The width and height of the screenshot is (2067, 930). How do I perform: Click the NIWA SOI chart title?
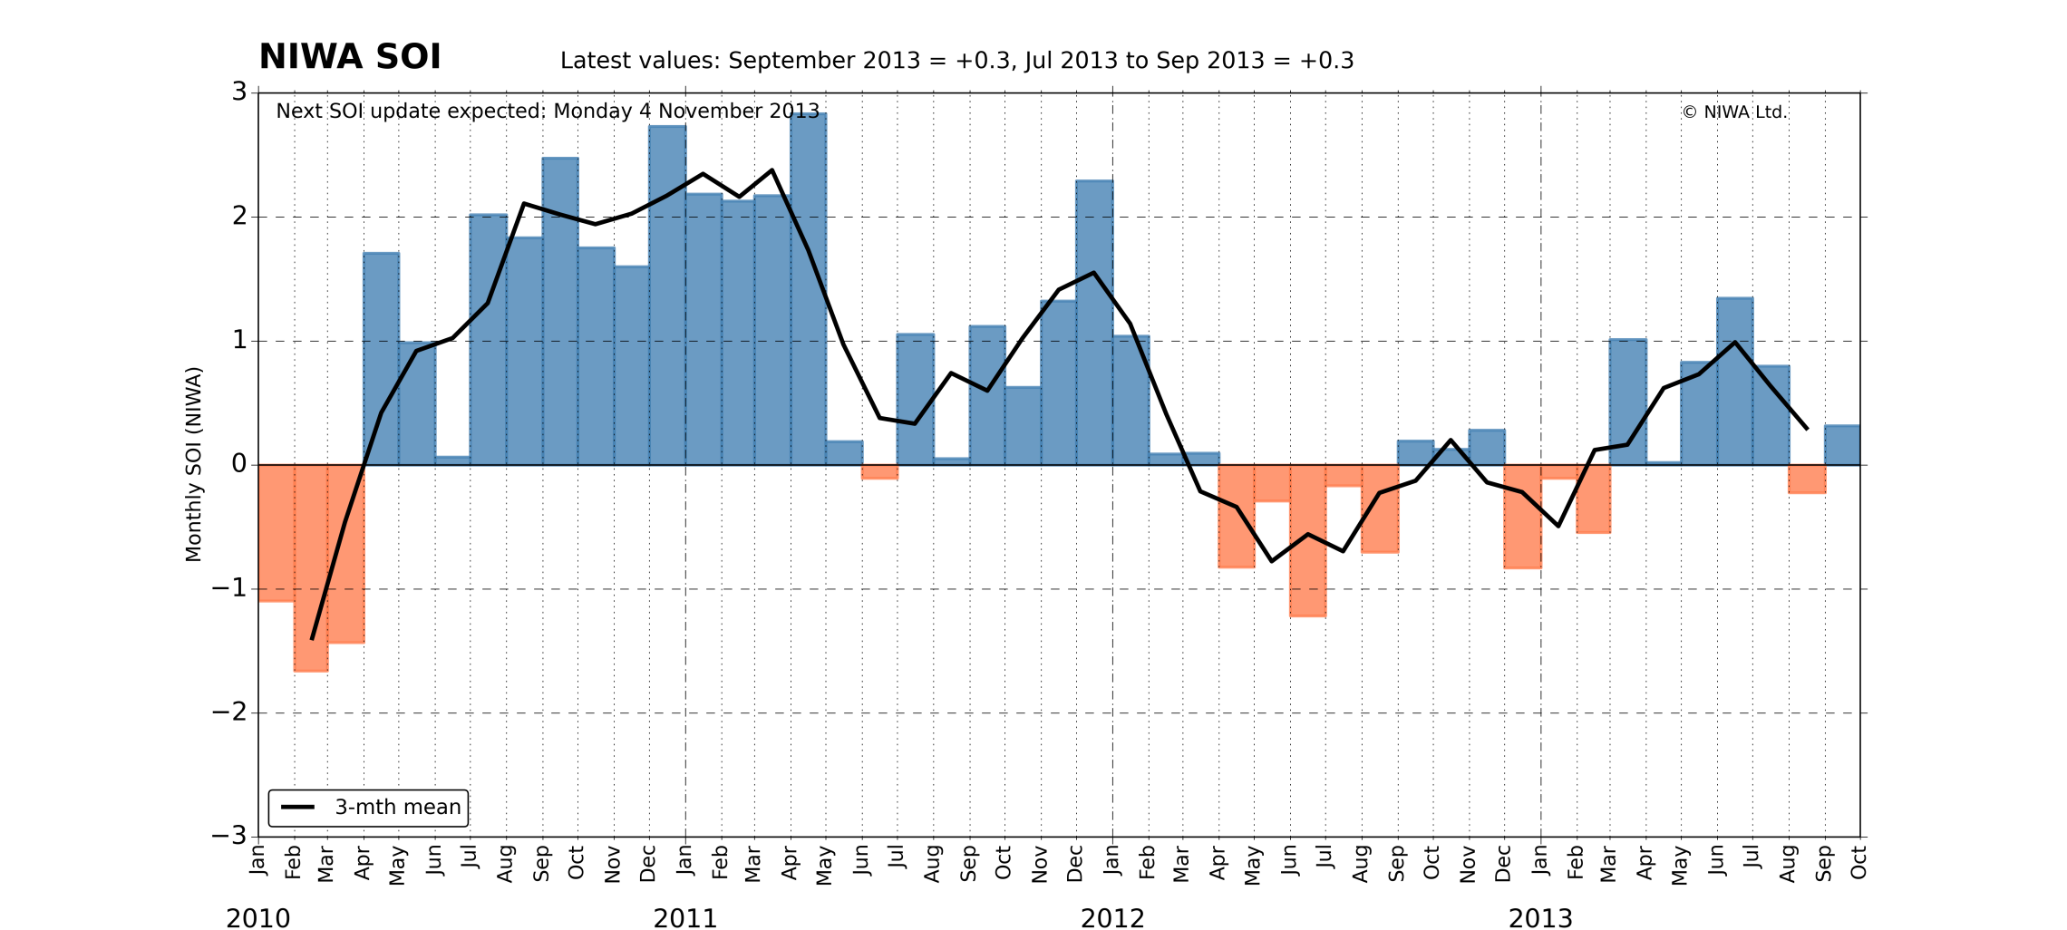click(x=350, y=57)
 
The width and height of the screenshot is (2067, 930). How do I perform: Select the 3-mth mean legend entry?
click(x=368, y=808)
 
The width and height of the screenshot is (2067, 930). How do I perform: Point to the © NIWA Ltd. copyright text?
click(x=1733, y=112)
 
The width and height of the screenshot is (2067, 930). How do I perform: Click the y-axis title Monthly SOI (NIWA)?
click(x=193, y=464)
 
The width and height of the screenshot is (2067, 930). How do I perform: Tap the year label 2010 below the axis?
click(x=258, y=918)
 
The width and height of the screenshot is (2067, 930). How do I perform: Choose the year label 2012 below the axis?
click(x=1112, y=918)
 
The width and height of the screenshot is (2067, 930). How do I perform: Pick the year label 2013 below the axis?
click(x=1540, y=918)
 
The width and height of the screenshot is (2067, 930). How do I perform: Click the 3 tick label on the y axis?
click(x=239, y=92)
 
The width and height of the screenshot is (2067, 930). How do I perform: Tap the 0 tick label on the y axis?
click(x=239, y=464)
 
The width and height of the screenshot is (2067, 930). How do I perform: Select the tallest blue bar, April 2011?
click(x=808, y=290)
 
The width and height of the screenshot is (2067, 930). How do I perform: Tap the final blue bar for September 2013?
click(x=1842, y=445)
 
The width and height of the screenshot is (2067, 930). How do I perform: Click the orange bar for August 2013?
click(x=1807, y=480)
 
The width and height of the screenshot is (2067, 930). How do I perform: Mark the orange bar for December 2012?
click(x=1522, y=517)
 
